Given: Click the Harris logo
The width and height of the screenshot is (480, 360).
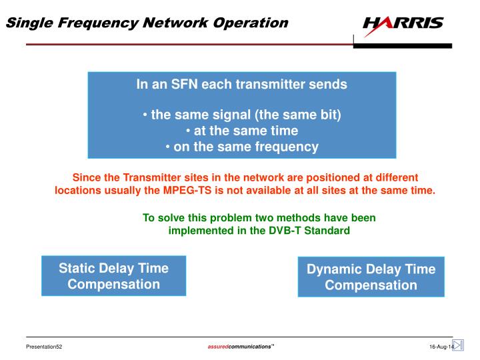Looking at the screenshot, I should (403, 23).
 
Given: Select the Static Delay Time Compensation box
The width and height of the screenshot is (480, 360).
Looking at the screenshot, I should (113, 276).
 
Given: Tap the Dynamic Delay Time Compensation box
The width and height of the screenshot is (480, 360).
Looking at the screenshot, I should (371, 277).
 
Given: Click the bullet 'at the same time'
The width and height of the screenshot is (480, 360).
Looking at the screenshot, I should (242, 131).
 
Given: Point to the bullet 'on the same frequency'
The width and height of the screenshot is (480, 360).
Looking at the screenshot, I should (242, 147).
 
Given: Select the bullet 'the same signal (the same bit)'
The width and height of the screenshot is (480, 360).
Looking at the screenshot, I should (242, 115).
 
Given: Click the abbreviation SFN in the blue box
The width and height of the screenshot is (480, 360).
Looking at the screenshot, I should (181, 85).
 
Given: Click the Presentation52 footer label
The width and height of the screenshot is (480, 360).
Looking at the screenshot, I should (44, 347).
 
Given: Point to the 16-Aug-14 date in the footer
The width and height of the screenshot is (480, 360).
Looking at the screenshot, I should (440, 347).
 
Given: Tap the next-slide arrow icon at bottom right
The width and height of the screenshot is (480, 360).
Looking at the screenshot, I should (458, 345).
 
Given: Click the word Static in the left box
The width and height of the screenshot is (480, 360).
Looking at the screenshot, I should (77, 268).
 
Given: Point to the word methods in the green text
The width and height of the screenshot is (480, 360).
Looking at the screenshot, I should (300, 218).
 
